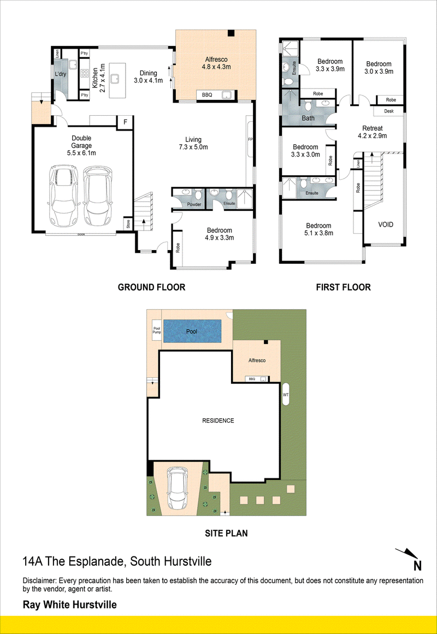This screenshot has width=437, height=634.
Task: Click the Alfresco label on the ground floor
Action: tap(216, 60)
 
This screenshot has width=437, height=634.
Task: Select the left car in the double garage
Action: tap(62, 195)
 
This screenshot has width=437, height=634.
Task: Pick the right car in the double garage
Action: tap(98, 195)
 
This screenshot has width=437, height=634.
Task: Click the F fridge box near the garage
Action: tap(125, 122)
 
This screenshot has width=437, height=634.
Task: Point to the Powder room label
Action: tap(194, 205)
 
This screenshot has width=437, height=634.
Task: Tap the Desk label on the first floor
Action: tap(389, 111)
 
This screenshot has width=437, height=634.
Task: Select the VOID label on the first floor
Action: tap(386, 224)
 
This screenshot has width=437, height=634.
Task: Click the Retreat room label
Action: tap(372, 128)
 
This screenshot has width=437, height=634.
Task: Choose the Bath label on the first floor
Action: tap(308, 118)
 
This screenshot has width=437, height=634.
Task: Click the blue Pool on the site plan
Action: tap(192, 331)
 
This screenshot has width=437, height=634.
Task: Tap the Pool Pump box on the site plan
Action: tap(157, 330)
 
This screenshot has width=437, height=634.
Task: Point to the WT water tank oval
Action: tap(286, 394)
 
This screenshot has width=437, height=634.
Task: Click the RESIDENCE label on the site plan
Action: tap(218, 420)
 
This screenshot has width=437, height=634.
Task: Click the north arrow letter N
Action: tap(417, 565)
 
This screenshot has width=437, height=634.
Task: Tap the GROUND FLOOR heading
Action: tap(151, 287)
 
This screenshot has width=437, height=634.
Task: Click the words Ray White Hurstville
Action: tap(70, 605)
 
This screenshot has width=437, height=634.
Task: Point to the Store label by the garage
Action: tap(128, 224)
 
